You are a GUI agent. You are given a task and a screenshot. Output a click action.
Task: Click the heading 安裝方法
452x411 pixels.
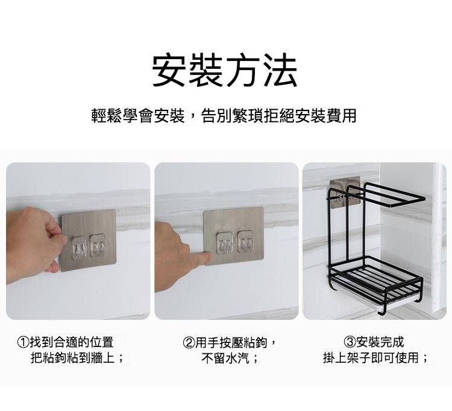pos(225,70)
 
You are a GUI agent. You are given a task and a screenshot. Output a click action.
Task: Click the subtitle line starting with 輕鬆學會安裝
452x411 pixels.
pos(224,115)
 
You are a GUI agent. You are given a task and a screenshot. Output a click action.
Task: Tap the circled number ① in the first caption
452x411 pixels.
pos(24,343)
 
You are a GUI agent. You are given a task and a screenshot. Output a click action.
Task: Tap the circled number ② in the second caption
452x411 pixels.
pos(189,343)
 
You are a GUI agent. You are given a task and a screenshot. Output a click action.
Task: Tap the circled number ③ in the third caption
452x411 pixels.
pos(350,343)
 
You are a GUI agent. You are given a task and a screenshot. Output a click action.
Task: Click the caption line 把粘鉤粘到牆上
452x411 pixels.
pos(77,358)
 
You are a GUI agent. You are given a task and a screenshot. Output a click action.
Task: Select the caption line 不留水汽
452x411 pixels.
pos(230,358)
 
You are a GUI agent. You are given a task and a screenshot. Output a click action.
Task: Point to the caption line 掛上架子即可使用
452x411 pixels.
pos(375,358)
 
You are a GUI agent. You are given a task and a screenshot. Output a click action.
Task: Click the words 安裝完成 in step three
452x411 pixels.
pos(380,343)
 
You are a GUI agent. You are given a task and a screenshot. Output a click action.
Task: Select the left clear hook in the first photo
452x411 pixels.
pos(78,248)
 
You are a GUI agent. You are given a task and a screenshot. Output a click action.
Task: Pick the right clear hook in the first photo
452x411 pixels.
pos(98,246)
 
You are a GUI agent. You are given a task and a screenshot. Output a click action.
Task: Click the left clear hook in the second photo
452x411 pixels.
pos(225,244)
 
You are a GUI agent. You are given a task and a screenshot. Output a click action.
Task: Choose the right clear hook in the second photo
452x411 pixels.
pos(245,241)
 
